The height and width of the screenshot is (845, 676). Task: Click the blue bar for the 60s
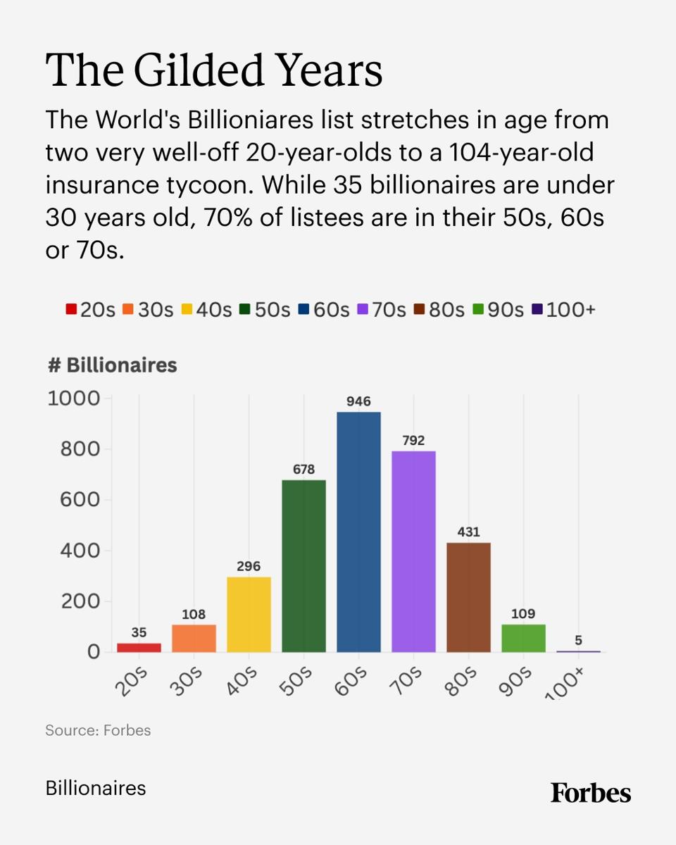(358, 532)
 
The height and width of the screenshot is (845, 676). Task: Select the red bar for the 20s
(139, 647)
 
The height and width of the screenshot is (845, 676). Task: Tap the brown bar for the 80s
(468, 597)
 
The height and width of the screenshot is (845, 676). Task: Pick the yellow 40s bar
(249, 614)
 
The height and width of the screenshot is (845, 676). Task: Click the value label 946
(358, 401)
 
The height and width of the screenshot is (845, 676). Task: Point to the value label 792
(413, 441)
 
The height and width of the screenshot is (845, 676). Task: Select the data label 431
(468, 532)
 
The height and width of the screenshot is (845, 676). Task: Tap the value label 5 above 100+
(578, 640)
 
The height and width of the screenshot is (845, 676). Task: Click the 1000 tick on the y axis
(74, 399)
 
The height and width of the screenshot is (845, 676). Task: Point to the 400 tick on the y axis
(80, 551)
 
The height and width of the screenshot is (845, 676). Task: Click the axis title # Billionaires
(112, 366)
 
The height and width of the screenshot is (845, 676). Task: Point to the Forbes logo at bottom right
(591, 792)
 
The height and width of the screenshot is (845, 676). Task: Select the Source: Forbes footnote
(98, 730)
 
